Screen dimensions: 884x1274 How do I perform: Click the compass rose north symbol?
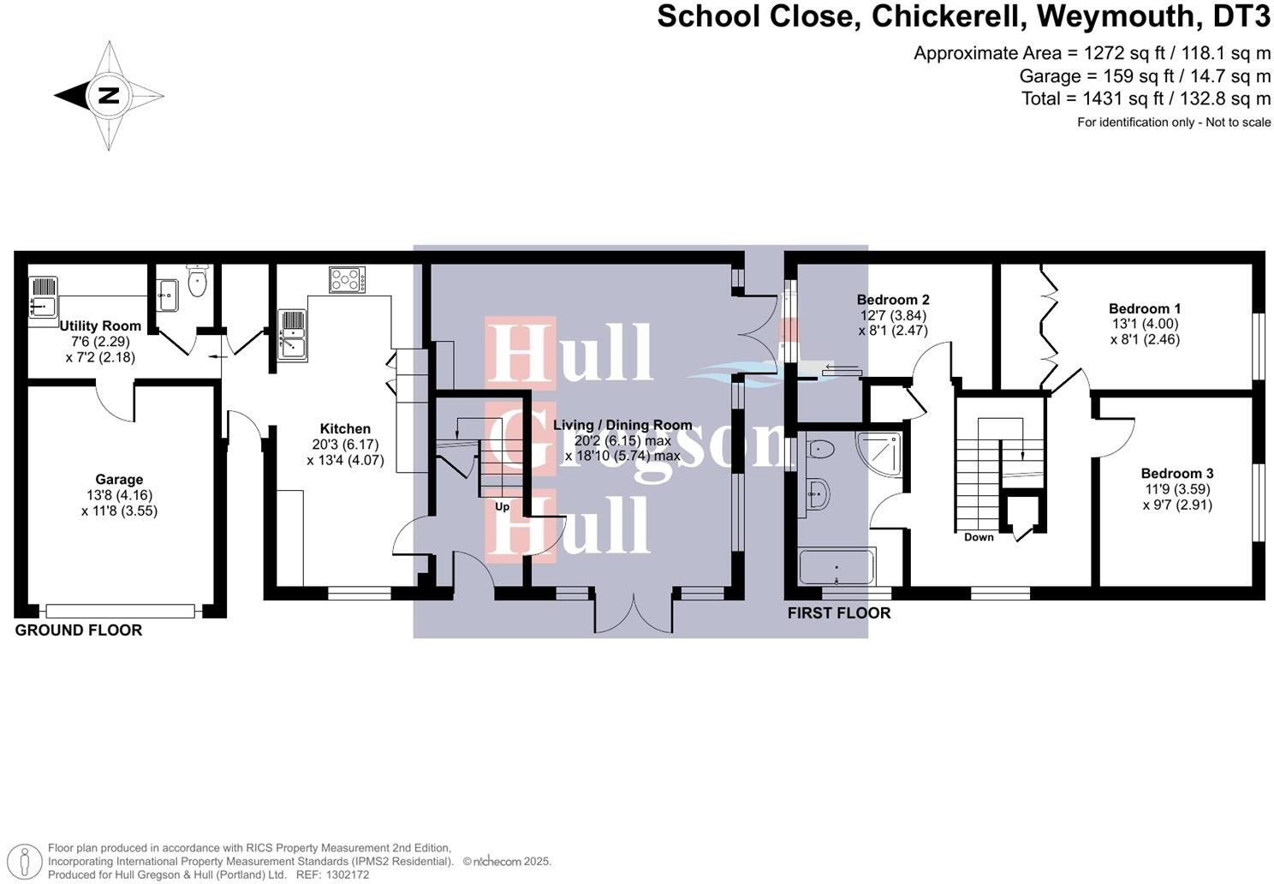tap(109, 95)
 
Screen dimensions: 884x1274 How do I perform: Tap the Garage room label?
tap(119, 480)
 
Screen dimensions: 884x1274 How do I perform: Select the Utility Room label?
tap(100, 326)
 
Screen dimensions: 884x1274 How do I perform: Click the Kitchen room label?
tap(345, 429)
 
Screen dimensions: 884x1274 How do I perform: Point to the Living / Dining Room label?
tap(622, 425)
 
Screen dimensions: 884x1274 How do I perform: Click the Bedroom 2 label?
tap(893, 300)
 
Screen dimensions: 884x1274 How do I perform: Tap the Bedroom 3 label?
tap(1176, 474)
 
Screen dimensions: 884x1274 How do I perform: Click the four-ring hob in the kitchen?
tap(347, 279)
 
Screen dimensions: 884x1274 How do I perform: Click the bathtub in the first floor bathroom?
tap(836, 567)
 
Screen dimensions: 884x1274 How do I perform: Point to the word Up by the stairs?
tap(503, 507)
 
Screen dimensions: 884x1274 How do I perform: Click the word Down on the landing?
tap(979, 537)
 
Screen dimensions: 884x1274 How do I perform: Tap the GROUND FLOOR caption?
tap(79, 630)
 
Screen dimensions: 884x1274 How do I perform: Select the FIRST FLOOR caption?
tap(838, 613)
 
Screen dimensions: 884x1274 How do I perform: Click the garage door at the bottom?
tap(121, 611)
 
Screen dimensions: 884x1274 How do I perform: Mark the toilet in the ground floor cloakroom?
tap(198, 282)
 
